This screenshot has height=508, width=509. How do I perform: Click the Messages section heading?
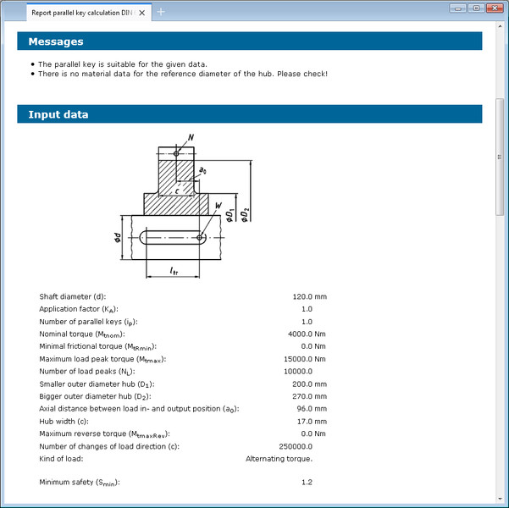tap(56, 41)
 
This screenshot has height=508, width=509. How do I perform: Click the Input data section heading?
tap(58, 114)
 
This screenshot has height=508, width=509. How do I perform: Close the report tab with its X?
tap(141, 12)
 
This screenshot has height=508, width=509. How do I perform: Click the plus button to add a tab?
tap(161, 12)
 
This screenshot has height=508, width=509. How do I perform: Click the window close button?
tap(495, 8)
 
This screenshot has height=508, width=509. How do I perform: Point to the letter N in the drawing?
tap(190, 136)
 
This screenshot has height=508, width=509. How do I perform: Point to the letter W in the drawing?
tap(219, 206)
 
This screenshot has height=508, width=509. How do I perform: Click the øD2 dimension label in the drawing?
tap(245, 214)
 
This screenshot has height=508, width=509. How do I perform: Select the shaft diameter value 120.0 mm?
tap(309, 296)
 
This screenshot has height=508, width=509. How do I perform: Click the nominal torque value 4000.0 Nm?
tap(307, 334)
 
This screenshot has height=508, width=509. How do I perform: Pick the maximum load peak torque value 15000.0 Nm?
tap(305, 359)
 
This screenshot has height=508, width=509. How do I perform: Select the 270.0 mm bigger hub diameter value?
tap(309, 395)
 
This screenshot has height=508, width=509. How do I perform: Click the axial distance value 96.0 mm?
tap(311, 408)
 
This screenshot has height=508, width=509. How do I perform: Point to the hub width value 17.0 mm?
tap(311, 421)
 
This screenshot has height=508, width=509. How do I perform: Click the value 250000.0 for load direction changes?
tap(295, 445)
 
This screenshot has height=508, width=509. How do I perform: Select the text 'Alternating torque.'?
tap(279, 458)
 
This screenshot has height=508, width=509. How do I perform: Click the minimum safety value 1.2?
tap(307, 483)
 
